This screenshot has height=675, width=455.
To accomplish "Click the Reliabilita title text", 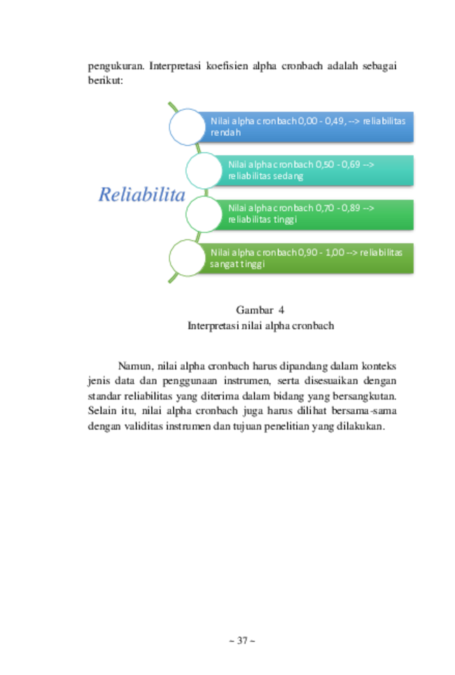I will tap(141, 195).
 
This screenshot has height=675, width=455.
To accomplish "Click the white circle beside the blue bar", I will tap(187, 127).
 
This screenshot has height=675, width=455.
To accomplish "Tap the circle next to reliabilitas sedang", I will tap(204, 170).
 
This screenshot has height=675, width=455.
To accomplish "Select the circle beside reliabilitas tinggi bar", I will tap(204, 214).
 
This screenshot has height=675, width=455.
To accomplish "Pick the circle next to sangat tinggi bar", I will tap(187, 258).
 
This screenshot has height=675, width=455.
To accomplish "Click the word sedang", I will tap(288, 176).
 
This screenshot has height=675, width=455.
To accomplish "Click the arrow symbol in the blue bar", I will tap(353, 121).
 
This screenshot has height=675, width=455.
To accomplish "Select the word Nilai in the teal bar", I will tap(237, 164).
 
